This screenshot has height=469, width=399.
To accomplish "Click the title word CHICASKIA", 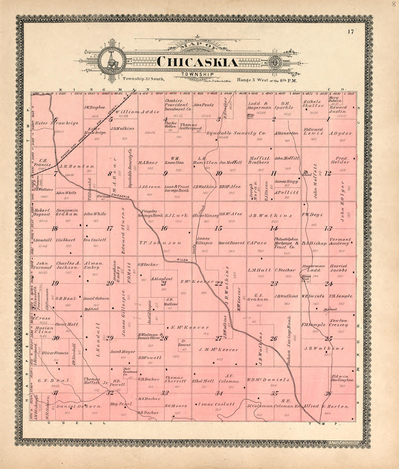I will (x=198, y=62).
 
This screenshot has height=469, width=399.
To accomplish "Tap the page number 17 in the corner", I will (x=350, y=32).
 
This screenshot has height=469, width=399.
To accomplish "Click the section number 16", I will (x=164, y=228).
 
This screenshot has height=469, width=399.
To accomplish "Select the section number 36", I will (x=328, y=394).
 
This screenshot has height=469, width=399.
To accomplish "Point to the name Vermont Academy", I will (x=340, y=242).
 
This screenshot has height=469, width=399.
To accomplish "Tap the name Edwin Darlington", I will (x=342, y=378).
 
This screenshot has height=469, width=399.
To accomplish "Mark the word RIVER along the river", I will (x=182, y=260).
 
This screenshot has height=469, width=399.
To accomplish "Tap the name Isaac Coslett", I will (x=216, y=404).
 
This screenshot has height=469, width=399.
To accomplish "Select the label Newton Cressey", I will (x=338, y=323).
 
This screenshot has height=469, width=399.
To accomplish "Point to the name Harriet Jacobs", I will (x=338, y=268).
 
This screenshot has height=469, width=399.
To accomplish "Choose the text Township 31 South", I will (x=143, y=79).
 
